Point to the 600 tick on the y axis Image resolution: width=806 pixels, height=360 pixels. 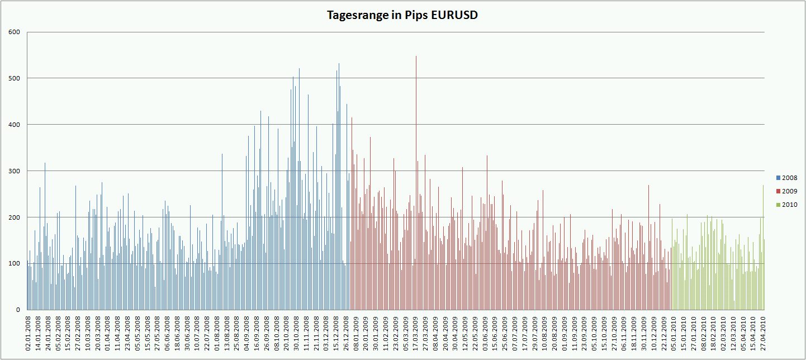pyautogui.click(x=15, y=32)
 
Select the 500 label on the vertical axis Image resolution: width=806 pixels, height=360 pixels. pyautogui.click(x=15, y=78)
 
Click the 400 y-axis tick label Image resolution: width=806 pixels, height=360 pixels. pyautogui.click(x=15, y=125)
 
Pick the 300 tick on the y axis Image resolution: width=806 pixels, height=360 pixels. pyautogui.click(x=15, y=171)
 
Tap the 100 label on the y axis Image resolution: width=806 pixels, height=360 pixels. pyautogui.click(x=15, y=263)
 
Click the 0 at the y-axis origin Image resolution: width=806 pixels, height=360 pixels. pyautogui.click(x=18, y=310)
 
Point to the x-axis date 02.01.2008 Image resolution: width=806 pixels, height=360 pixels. pyautogui.click(x=29, y=334)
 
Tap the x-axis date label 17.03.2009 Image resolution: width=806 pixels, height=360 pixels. pyautogui.click(x=416, y=334)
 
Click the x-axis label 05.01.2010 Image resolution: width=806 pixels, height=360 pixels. pyautogui.click(x=674, y=334)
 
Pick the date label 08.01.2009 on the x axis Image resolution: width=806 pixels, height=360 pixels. pyautogui.click(x=356, y=334)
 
